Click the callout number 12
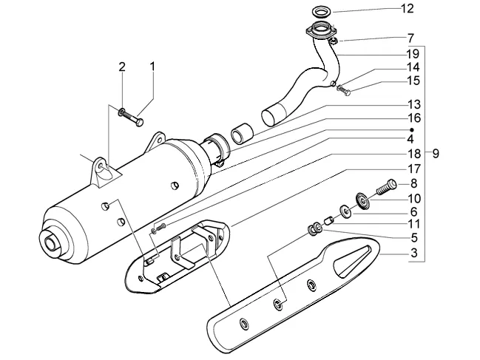point(407,9)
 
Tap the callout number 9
point(436,153)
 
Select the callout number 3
point(414,253)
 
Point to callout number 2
point(122,67)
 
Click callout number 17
point(413,169)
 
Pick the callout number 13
point(414,105)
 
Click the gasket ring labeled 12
point(322,13)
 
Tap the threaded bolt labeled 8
point(386,186)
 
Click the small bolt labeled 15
point(344,90)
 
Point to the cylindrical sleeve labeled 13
point(242,133)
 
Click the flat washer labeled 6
point(346,211)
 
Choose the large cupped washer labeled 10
point(363,200)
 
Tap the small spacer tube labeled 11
point(328,220)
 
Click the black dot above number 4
point(412,129)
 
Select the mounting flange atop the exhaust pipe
point(321,31)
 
